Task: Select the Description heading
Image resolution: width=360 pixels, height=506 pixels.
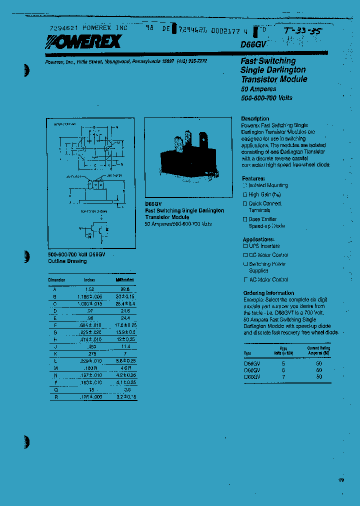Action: tap(255, 119)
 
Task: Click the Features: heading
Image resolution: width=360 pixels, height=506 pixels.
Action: tap(253, 178)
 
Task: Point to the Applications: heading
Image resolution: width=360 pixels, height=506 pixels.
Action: tap(258, 239)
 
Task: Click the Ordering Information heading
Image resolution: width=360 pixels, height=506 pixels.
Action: tap(268, 293)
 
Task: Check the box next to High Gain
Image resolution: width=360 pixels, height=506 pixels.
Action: tap(245, 194)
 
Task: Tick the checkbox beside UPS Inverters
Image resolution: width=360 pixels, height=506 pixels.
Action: tap(245, 246)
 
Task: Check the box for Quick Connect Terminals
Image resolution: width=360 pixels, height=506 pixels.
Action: tap(245, 204)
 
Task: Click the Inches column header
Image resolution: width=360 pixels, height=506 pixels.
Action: tap(89, 280)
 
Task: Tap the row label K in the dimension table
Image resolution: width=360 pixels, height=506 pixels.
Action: tap(55, 352)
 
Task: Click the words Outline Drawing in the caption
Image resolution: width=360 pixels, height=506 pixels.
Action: tap(67, 261)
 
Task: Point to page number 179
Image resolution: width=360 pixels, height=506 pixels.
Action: tap(341, 480)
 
